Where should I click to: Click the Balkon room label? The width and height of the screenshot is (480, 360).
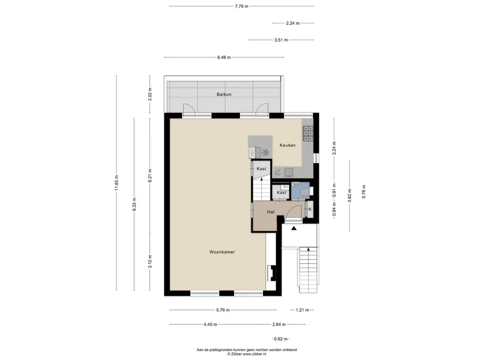point(224,94)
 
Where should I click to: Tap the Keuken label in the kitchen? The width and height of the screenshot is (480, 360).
point(287,145)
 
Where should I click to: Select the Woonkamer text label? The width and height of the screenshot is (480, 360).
point(222,252)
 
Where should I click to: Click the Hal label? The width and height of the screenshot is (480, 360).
point(270,212)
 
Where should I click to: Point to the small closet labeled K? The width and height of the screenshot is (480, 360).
point(310,210)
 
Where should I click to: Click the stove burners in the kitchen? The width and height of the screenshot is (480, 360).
point(308,134)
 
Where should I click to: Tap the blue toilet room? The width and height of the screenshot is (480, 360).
point(300,190)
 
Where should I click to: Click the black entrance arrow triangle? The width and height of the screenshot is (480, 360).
point(293,228)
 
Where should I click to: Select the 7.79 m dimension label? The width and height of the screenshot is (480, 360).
point(241,6)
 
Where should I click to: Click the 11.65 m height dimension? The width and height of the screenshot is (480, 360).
point(116,183)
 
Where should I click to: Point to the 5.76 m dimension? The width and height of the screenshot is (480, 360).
point(223,310)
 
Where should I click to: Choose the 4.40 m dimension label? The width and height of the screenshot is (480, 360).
point(210,324)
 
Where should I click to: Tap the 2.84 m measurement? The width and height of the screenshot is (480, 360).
point(279,324)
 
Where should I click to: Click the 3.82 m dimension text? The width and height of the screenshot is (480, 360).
point(350,195)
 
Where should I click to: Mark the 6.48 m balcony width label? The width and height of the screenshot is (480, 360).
point(224,57)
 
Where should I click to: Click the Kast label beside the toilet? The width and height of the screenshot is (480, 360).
point(281,193)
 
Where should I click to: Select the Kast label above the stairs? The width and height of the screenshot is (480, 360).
point(262,169)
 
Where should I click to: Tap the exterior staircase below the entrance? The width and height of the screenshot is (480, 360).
point(308,270)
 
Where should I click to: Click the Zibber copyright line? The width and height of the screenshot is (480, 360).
point(247,354)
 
